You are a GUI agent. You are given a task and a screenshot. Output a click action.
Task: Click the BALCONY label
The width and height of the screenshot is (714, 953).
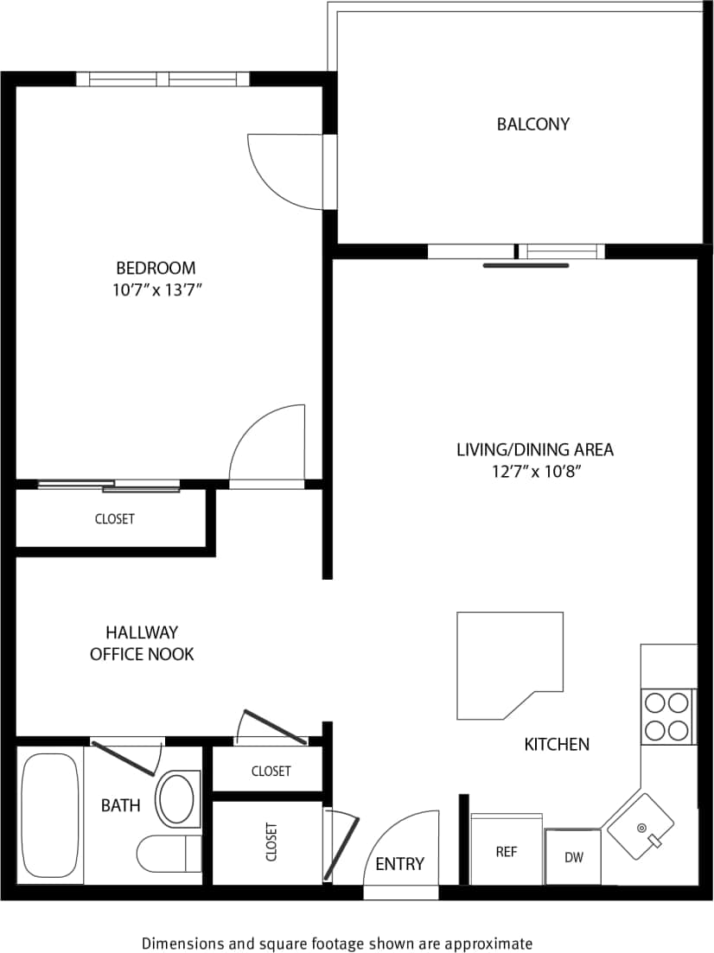532,124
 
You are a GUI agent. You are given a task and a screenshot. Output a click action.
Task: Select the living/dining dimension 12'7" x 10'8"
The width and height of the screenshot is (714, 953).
534,472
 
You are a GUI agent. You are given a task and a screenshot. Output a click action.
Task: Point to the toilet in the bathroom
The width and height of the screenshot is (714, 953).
168,854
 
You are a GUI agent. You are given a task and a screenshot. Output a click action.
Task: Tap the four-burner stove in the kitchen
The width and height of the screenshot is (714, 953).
667,716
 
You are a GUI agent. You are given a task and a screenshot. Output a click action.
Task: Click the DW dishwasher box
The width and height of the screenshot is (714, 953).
572,857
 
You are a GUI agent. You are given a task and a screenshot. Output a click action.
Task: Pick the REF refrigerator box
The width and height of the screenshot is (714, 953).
507,850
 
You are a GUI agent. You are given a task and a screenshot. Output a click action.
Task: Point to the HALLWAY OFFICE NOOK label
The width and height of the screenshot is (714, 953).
142,643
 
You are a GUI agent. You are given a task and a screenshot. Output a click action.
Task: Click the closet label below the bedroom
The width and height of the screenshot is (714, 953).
114,519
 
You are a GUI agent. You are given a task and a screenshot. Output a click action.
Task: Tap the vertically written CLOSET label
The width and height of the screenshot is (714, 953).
271,842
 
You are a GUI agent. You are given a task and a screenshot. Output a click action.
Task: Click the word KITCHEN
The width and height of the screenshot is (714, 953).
557,744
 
